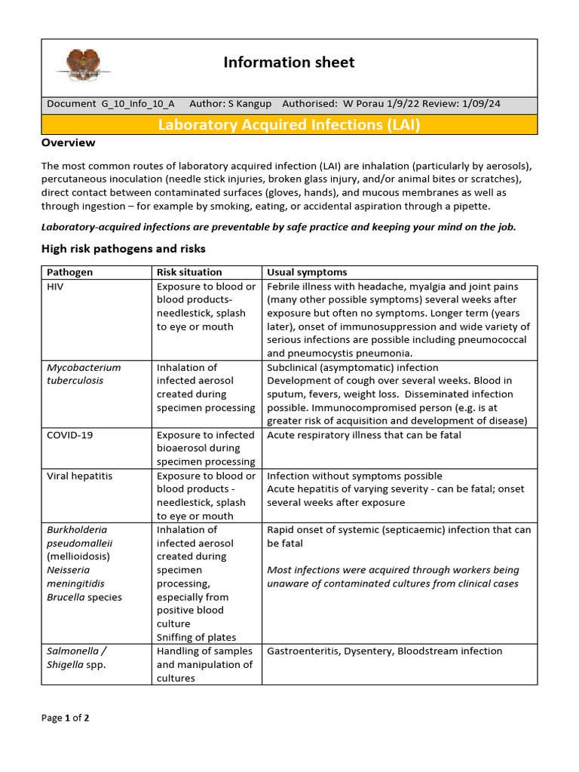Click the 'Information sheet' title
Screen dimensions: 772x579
tap(289, 63)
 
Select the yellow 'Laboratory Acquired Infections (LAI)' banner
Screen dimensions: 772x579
tap(289, 124)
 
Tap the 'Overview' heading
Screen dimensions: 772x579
tap(69, 142)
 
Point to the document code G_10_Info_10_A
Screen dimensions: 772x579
tap(138, 104)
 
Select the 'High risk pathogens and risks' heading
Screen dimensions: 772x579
tap(123, 249)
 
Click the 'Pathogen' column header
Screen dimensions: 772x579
tap(70, 272)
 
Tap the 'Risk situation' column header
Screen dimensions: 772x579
tap(189, 272)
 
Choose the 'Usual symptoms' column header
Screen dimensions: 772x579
tap(307, 272)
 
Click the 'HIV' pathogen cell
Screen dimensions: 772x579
tap(57, 286)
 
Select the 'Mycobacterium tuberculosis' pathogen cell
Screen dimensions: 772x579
tap(84, 374)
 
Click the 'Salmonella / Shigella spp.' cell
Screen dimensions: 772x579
tap(76, 657)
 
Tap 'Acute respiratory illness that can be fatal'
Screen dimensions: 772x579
tap(364, 435)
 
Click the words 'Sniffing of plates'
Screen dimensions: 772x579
tap(196, 637)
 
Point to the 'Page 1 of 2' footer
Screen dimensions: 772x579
tap(66, 718)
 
